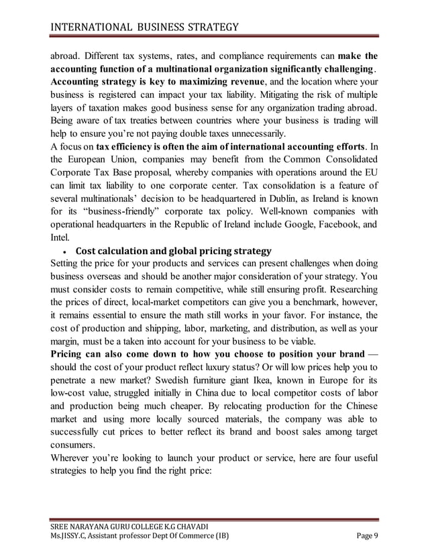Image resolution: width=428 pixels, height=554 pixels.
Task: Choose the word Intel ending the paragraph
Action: [61, 238]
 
